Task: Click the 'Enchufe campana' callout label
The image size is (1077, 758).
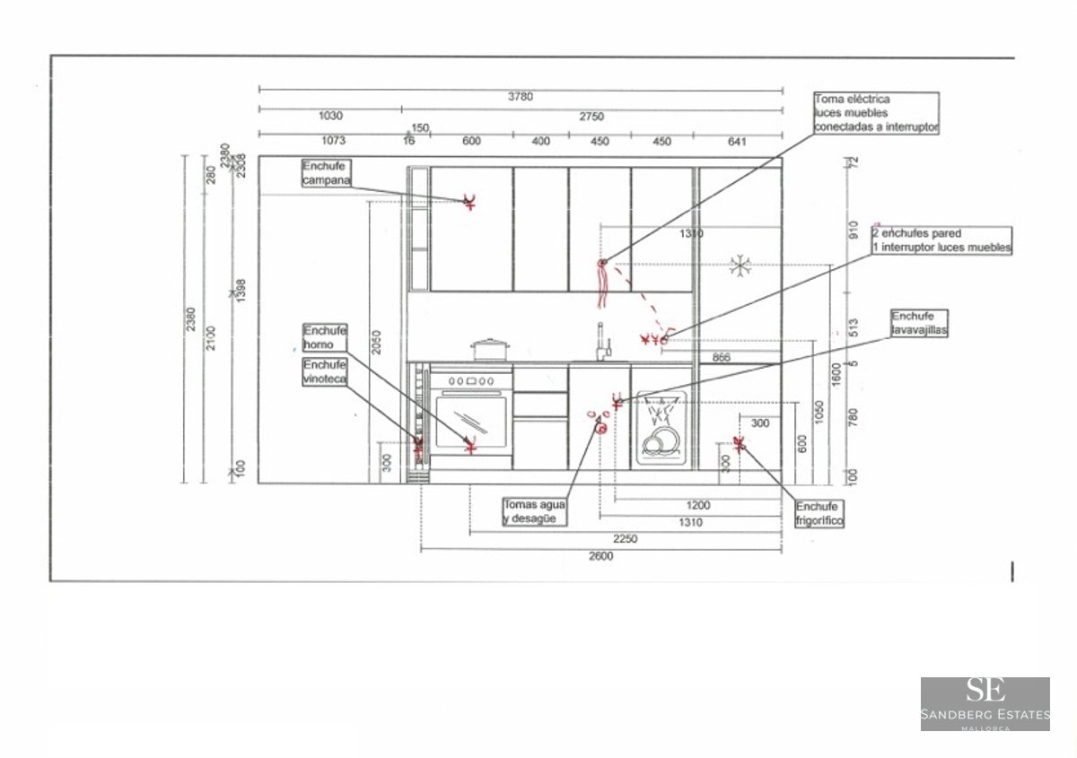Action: (x=325, y=173)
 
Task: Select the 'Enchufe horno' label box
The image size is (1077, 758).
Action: (x=324, y=336)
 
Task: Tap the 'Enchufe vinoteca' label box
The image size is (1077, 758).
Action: (x=324, y=371)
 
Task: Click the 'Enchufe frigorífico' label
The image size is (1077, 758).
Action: (x=819, y=513)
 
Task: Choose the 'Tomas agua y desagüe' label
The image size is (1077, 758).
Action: (x=535, y=511)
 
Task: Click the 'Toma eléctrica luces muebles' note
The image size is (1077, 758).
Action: (x=876, y=113)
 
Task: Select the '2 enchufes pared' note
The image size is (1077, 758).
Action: (x=941, y=240)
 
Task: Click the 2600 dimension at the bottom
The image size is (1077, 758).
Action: (x=600, y=556)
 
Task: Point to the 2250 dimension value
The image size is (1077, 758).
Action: (x=625, y=538)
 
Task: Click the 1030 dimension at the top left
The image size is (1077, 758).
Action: (x=330, y=116)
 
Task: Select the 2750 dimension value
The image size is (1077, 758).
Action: (x=591, y=116)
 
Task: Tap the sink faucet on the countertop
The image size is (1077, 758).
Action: (x=602, y=342)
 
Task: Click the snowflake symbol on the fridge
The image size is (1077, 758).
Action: (x=740, y=265)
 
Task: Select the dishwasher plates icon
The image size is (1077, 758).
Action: (x=663, y=440)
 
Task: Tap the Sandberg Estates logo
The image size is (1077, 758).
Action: (x=985, y=703)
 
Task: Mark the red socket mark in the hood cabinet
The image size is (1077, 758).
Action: (x=468, y=201)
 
